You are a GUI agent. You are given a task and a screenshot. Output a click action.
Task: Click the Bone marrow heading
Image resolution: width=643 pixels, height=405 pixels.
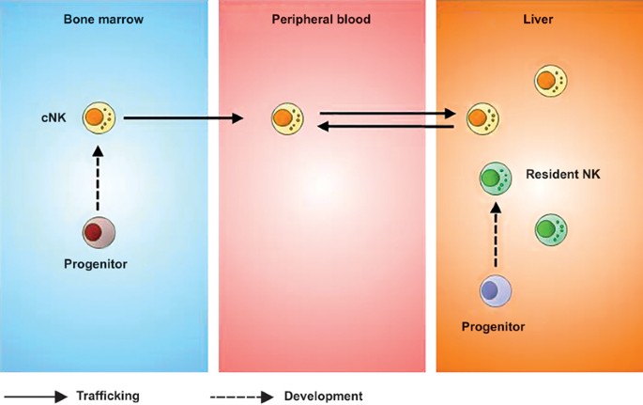coord(103,19)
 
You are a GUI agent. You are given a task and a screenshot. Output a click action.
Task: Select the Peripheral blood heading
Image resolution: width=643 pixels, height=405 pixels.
coord(322,19)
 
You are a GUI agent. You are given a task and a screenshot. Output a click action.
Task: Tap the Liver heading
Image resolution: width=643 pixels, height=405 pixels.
coord(539,19)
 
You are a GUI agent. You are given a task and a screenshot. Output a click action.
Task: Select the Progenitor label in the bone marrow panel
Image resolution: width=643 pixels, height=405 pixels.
coord(96,264)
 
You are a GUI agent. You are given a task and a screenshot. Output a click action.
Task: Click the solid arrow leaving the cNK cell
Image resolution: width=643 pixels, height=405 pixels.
coord(183,118)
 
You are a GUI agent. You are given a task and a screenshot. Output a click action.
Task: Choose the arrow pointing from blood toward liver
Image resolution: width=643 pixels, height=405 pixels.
coord(388,113)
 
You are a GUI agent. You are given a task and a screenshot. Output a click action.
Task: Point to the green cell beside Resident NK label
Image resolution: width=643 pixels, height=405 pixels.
coord(495,177)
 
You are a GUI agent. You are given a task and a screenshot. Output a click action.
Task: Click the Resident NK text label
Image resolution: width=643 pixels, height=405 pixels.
coord(563,175)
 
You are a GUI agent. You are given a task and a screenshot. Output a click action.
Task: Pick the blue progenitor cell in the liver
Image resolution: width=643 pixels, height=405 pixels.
coord(496,290)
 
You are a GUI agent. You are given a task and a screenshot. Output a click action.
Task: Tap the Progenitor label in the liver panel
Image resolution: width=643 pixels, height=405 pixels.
coord(493,326)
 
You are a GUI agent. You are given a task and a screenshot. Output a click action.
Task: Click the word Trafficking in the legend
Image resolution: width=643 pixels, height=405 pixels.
coord(108,396)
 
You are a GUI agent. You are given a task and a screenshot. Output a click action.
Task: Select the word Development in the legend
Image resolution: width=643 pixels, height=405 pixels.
coord(323,396)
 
